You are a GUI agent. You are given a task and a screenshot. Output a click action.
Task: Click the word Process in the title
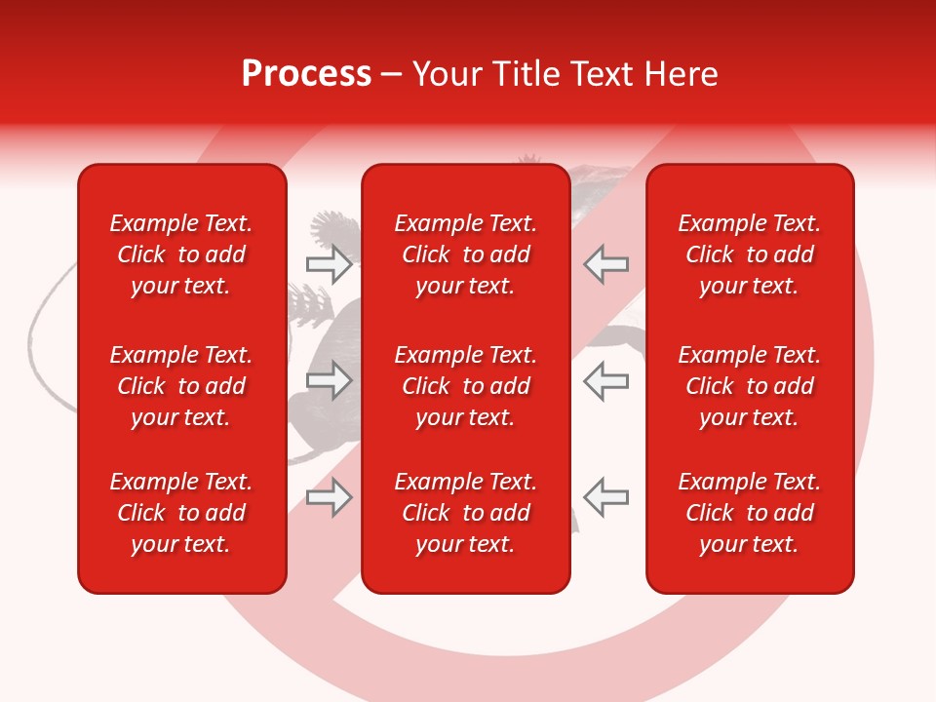coord(306,74)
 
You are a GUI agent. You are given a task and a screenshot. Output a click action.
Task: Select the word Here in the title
coord(679,74)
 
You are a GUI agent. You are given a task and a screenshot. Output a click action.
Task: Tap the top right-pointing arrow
coord(329,263)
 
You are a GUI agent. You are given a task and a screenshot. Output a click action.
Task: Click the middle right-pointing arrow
coord(329,380)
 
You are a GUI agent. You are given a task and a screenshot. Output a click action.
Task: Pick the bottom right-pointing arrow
coord(329,497)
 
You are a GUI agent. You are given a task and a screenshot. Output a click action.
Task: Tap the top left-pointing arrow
coord(606,263)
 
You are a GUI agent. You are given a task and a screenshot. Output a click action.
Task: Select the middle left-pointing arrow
coord(606,380)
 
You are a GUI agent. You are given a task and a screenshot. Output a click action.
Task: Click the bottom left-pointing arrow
coord(606,497)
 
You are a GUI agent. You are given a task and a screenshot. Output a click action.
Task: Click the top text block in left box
coord(181,254)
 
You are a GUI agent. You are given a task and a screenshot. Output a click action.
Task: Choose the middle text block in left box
coord(181,386)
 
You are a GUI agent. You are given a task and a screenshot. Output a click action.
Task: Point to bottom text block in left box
coord(181,513)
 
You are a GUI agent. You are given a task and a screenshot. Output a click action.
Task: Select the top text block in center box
coord(465,254)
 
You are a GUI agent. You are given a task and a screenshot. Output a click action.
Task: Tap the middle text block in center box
coord(465,386)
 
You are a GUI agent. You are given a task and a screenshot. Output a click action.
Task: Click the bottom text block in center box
coord(465,513)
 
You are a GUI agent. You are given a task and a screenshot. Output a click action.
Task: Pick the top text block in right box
coord(749,254)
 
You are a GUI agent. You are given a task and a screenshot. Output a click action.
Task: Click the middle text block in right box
coord(749,386)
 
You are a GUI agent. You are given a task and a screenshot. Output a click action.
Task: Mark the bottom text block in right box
coord(749,513)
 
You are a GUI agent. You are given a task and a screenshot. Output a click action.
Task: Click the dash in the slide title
coord(392,75)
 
